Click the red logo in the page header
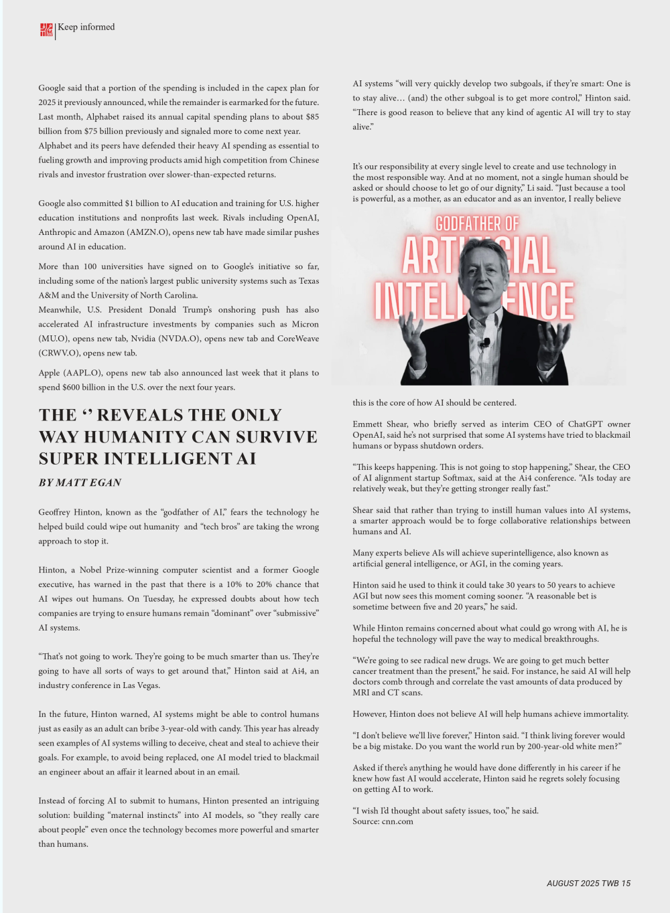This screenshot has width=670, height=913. [46, 29]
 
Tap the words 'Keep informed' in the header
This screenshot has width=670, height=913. [86, 27]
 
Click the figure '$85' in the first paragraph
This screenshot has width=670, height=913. [312, 117]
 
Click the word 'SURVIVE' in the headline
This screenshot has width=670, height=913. [277, 437]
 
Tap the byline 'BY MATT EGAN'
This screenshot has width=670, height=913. [80, 483]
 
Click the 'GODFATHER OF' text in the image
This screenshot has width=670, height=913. [477, 224]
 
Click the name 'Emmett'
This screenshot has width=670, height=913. [368, 424]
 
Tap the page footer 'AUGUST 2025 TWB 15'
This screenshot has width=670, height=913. [588, 884]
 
